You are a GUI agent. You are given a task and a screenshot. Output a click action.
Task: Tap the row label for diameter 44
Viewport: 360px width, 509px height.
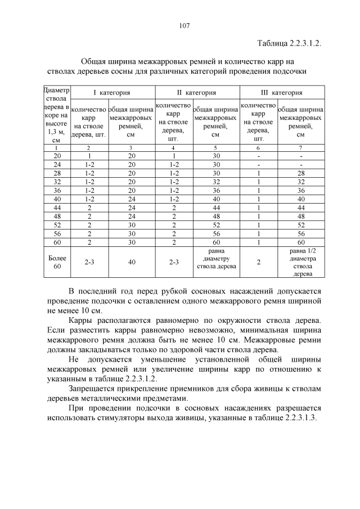[x=56, y=208]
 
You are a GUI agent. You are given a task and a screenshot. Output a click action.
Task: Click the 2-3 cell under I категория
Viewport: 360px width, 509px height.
[x=89, y=262]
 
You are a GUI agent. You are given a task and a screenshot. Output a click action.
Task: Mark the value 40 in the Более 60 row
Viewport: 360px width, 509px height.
[x=131, y=262]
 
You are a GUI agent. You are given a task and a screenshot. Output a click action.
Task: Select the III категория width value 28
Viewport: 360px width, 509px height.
[x=300, y=173]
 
